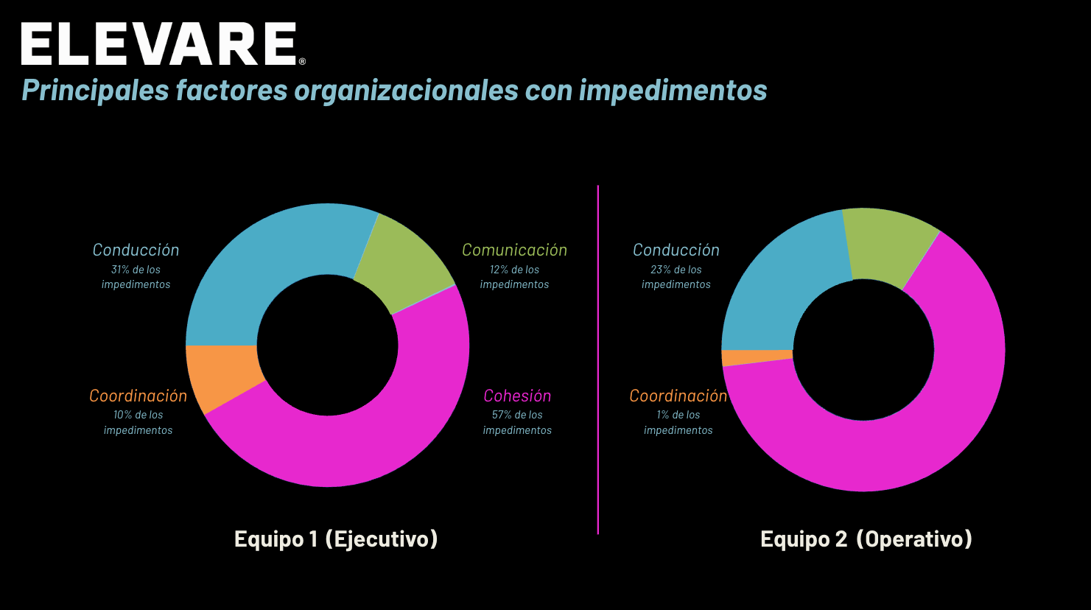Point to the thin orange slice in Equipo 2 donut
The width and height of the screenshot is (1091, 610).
coord(757,357)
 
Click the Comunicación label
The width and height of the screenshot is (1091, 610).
coord(514,250)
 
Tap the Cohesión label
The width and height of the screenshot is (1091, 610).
coord(517,396)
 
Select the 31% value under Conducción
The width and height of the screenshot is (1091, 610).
coord(120,270)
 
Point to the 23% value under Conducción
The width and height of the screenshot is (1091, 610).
coord(660,270)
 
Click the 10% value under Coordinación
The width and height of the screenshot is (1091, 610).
coord(122,415)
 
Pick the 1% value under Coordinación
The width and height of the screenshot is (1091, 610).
coord(664,415)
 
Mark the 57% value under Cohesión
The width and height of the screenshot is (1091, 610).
coord(501,415)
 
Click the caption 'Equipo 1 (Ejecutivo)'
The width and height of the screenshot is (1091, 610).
coord(336,539)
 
